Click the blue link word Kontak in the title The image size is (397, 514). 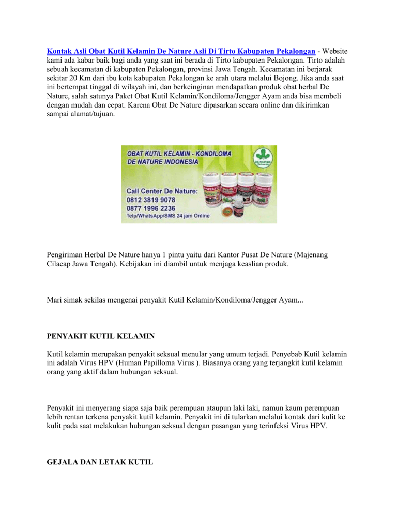(59, 52)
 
